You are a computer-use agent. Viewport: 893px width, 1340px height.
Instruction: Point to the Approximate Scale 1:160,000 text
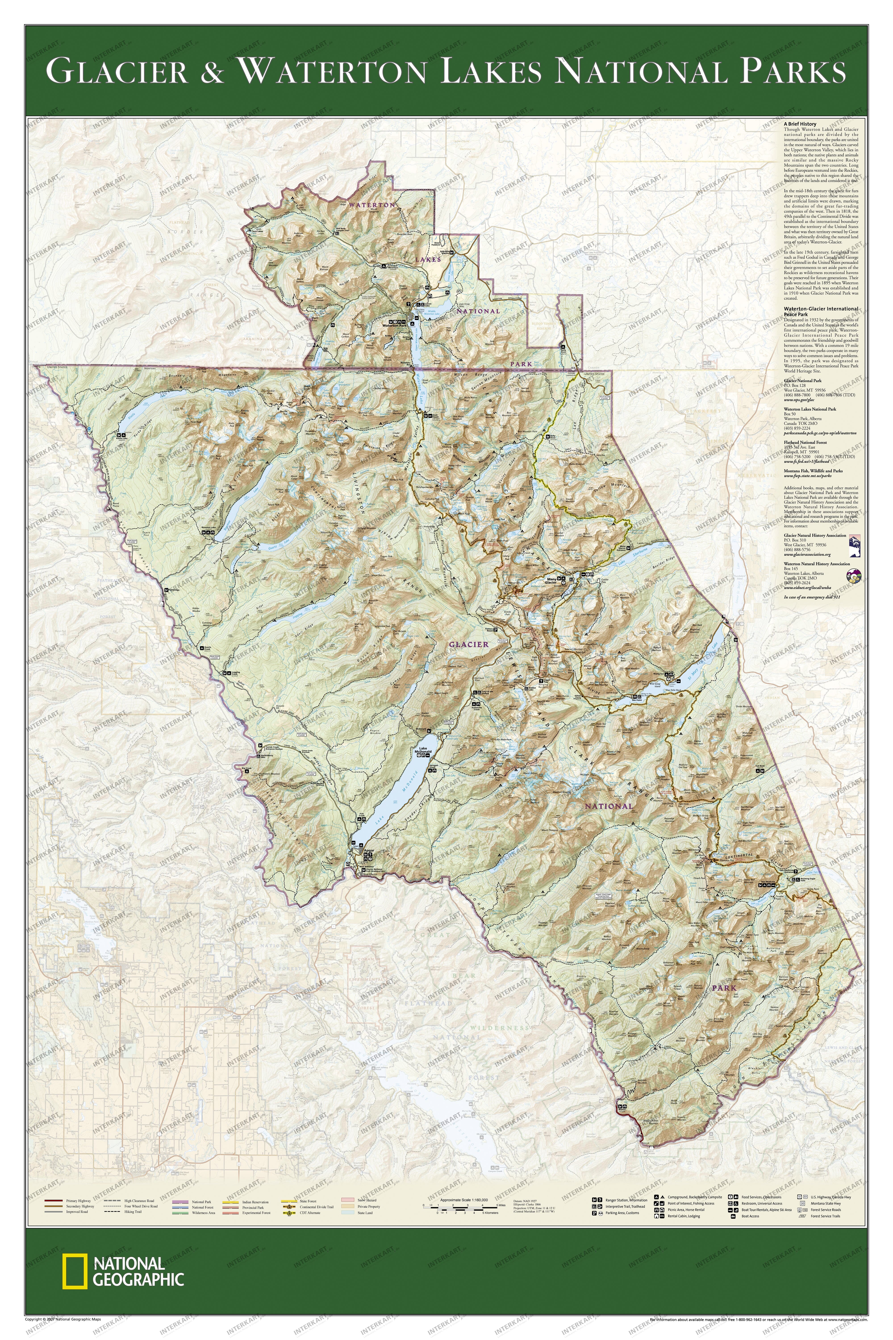click(x=463, y=1200)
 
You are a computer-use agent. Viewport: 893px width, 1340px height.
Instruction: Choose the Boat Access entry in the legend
click(x=749, y=1216)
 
